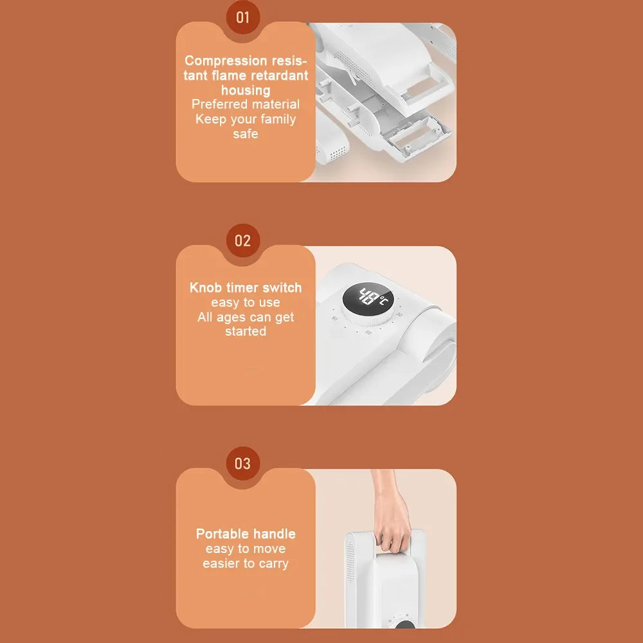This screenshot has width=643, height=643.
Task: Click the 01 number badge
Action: (243, 17)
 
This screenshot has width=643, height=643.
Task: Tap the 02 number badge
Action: (243, 240)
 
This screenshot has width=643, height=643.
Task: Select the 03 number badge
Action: (243, 464)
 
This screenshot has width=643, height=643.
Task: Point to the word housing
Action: (246, 90)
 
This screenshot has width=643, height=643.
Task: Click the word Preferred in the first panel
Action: (217, 104)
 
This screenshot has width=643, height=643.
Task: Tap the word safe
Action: (246, 134)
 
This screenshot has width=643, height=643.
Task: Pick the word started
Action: (246, 331)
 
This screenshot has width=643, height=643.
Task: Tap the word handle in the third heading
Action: (275, 534)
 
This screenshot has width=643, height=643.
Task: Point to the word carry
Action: (273, 564)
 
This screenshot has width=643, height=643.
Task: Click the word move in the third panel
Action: (269, 548)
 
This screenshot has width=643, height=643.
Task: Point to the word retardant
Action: (279, 75)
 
